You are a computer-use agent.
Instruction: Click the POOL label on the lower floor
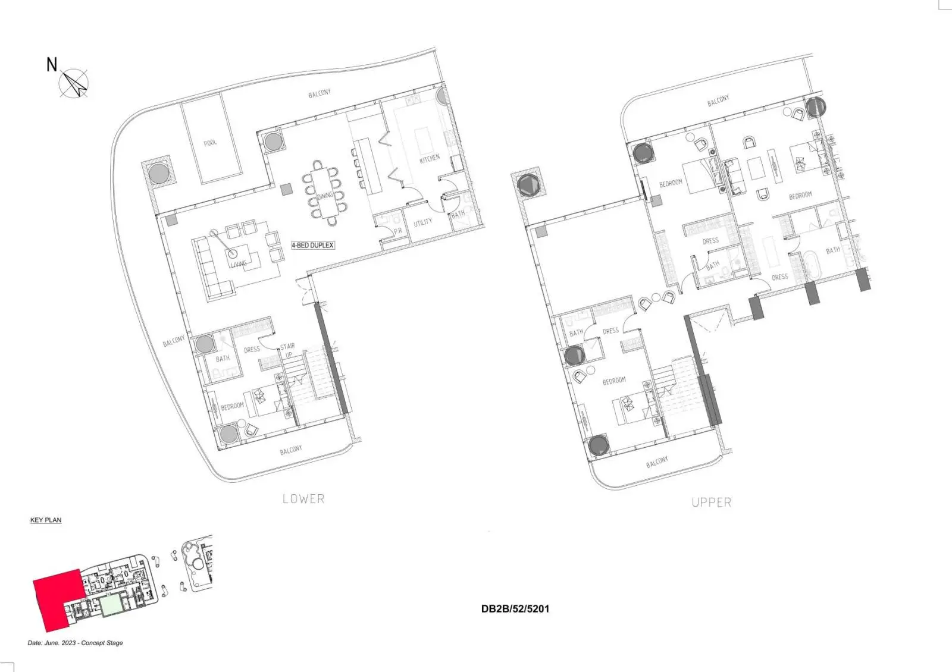pos(211,143)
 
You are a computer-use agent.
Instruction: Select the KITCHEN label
pos(430,158)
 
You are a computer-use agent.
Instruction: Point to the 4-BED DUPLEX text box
pos(313,245)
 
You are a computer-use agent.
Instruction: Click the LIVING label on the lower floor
pos(239,264)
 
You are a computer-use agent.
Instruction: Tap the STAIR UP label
pos(288,350)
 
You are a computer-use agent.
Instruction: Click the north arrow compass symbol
pos(74,83)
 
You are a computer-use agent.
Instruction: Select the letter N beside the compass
pos(51,65)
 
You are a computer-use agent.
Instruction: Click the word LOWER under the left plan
pos(303,499)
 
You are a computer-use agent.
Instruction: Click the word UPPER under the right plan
pos(712,503)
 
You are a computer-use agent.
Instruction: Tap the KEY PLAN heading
pos(46,520)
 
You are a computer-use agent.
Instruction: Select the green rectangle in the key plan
pos(112,605)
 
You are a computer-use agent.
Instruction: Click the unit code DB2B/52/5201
pos(515,609)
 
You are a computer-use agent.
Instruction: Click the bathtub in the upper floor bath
pos(812,266)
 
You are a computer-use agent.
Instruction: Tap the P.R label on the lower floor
pos(398,231)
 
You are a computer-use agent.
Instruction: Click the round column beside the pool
pos(158,173)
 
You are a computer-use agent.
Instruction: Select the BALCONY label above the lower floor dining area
pos(320,93)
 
